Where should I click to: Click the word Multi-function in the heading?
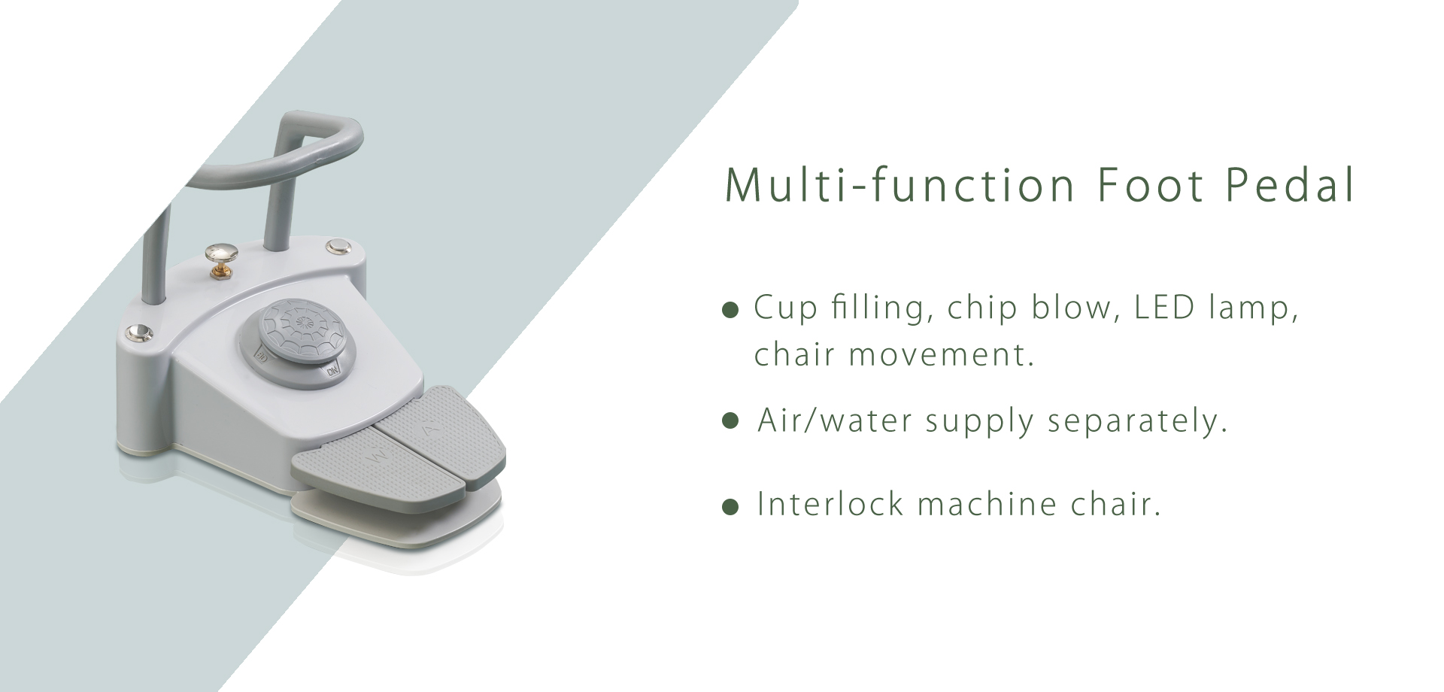click(x=899, y=184)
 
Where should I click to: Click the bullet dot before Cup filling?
click(x=730, y=310)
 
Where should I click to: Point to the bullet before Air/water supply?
click(x=730, y=420)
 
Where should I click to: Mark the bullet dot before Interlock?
click(x=730, y=507)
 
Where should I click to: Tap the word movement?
click(x=942, y=354)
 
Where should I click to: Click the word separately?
click(x=1137, y=421)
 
